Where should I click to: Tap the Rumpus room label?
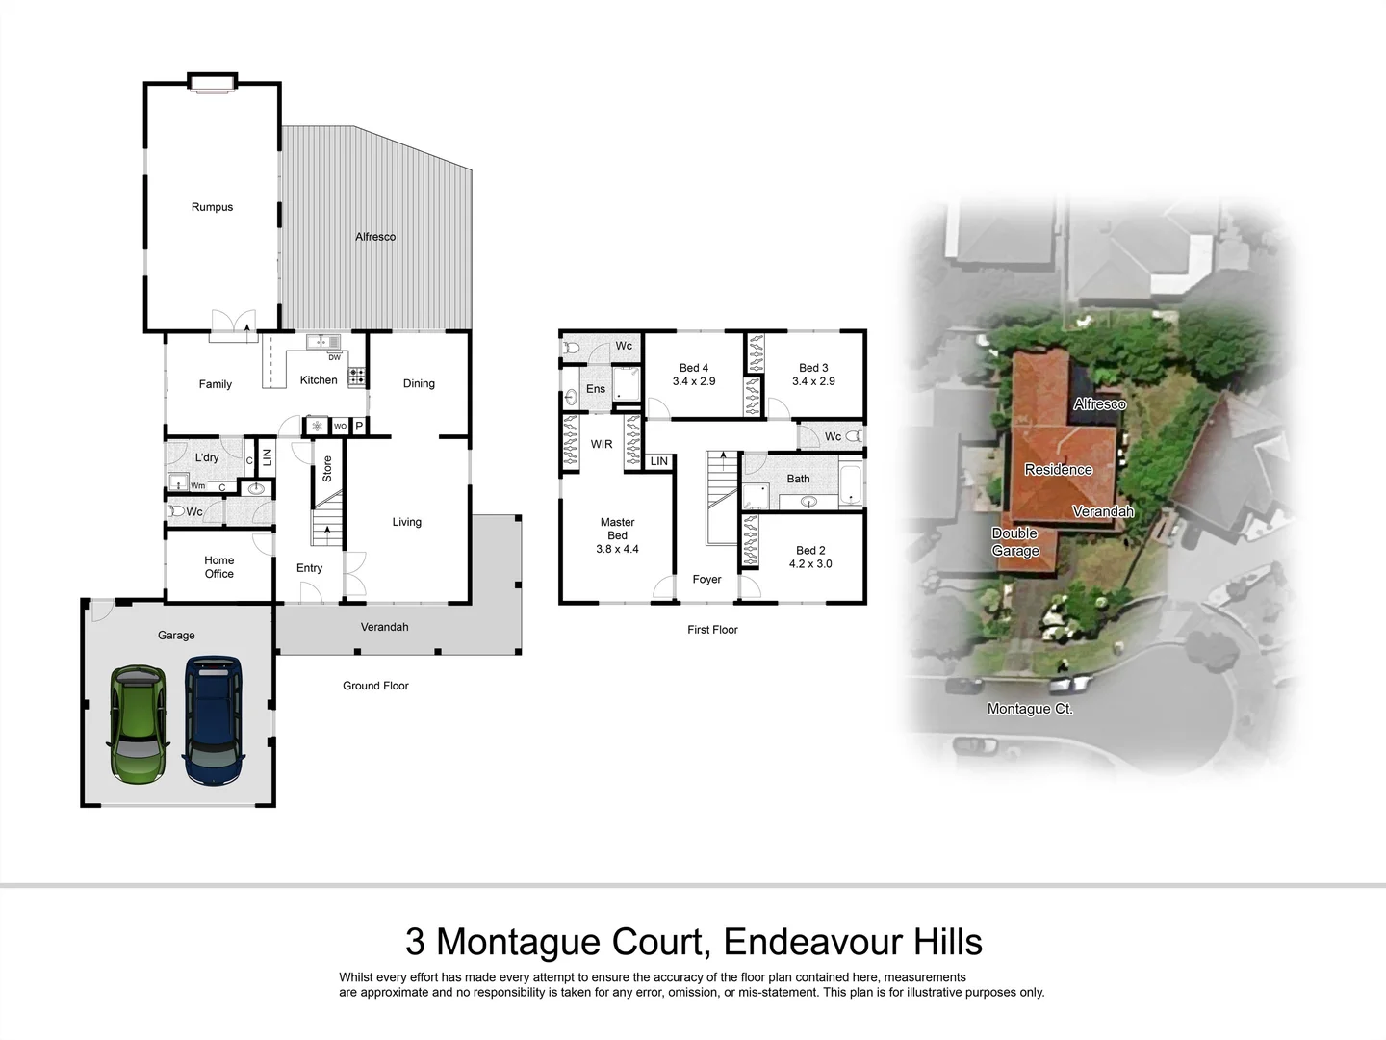[x=212, y=207]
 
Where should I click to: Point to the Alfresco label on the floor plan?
[x=375, y=237]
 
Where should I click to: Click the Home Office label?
[x=218, y=567]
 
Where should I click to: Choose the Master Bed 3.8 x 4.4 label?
[x=617, y=535]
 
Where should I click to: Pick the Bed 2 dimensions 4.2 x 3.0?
[x=810, y=564]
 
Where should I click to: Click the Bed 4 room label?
[x=693, y=368]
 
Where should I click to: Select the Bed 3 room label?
[x=813, y=368]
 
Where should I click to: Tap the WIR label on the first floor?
[x=602, y=445]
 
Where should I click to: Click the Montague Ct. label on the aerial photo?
[x=1030, y=709]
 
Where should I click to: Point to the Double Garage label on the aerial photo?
[x=1015, y=542]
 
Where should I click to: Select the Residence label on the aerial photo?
[x=1058, y=470]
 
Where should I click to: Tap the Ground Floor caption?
[x=375, y=686]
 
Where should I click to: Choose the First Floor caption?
[x=712, y=630]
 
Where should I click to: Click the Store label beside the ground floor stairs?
[x=327, y=469]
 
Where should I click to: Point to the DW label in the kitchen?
[x=335, y=357]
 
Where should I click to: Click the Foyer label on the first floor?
[x=706, y=580]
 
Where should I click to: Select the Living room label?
[x=406, y=522]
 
